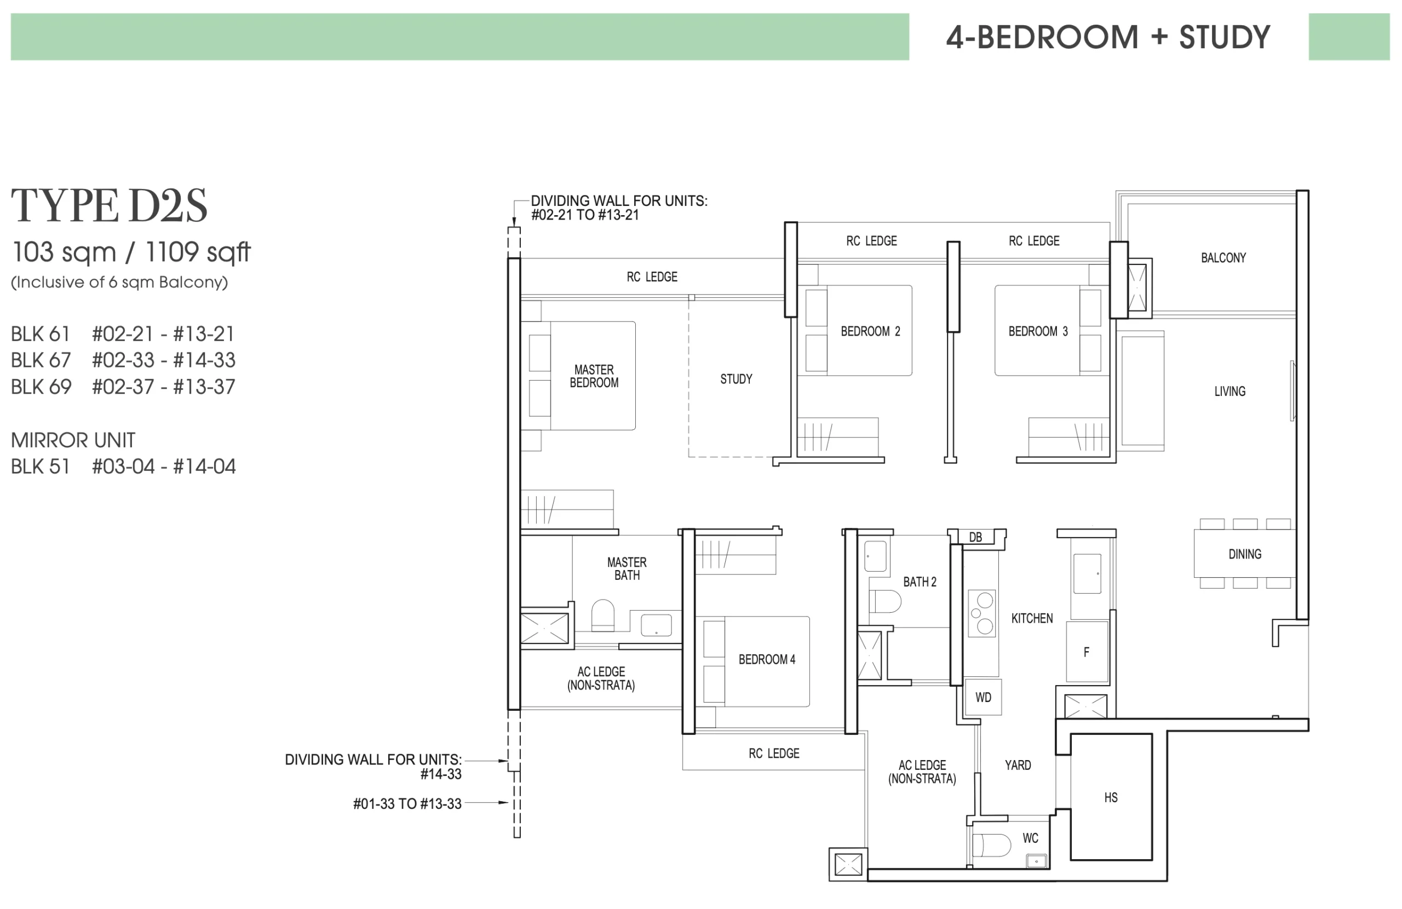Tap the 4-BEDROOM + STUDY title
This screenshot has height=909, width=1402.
click(x=1108, y=37)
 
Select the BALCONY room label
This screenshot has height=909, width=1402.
click(x=1223, y=257)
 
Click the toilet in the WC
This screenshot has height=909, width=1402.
click(x=991, y=845)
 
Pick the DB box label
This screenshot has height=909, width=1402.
click(x=975, y=537)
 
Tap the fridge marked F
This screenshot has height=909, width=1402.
click(x=1087, y=652)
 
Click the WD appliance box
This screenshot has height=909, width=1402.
click(x=983, y=697)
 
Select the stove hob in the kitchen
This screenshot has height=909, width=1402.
click(x=982, y=613)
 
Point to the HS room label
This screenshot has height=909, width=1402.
click(x=1111, y=798)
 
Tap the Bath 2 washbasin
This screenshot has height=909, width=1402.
click(x=875, y=556)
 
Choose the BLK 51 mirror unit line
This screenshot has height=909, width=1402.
click(x=123, y=467)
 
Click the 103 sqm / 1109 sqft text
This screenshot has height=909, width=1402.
click(x=131, y=252)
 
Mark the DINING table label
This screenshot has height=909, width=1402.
click(x=1245, y=554)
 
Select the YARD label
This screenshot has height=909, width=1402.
click(x=1018, y=764)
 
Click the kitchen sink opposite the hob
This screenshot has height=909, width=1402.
click(x=1088, y=573)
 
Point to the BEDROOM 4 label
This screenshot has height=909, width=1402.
click(x=767, y=659)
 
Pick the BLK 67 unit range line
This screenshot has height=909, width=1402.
click(x=123, y=360)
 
